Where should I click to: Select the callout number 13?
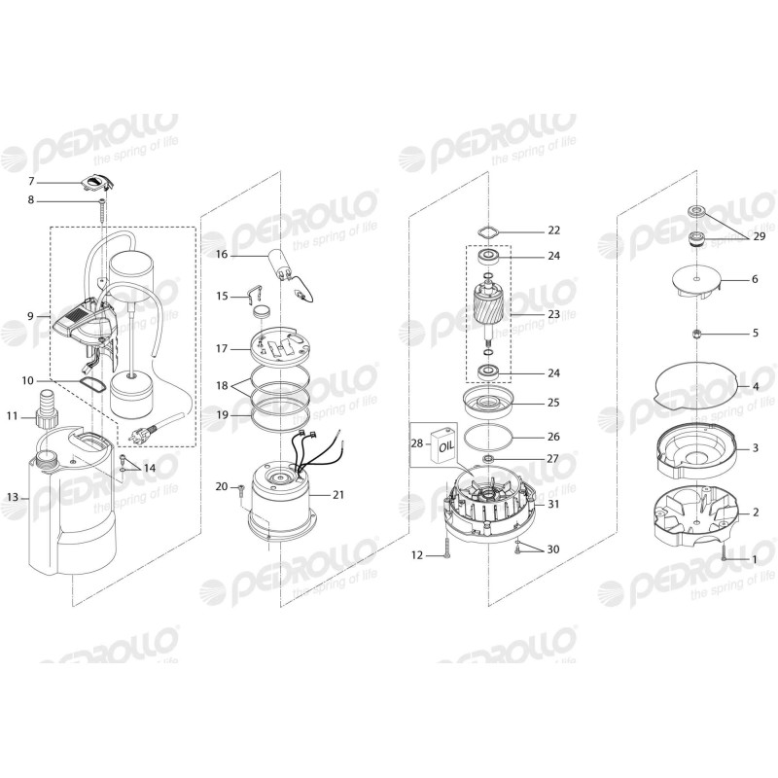(x=13, y=497)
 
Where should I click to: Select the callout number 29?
(x=759, y=236)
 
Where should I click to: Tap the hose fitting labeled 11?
(x=46, y=415)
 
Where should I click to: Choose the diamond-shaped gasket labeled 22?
(x=486, y=231)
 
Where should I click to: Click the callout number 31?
(x=553, y=504)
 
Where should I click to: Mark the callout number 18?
(x=221, y=385)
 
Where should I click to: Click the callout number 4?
(x=756, y=386)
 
